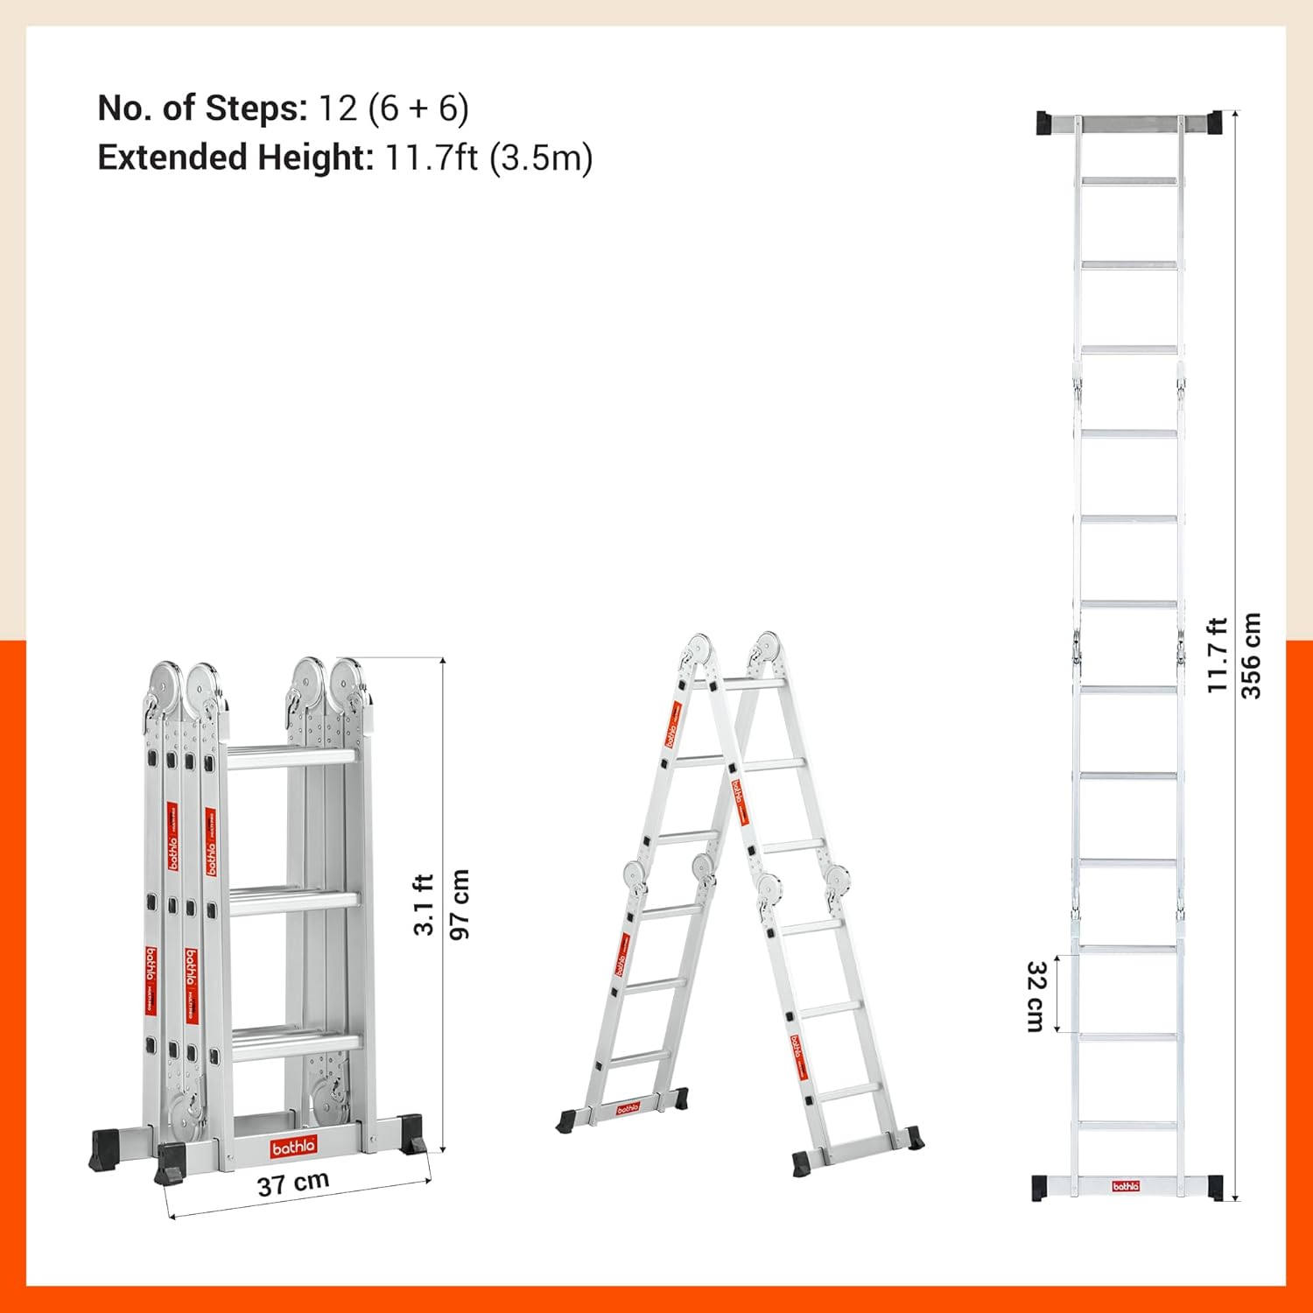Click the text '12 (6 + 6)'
(393, 109)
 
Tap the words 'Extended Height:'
(235, 158)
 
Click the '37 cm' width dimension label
(293, 1183)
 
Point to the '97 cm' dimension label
(460, 904)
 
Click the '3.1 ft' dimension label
(424, 904)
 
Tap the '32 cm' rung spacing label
(1036, 996)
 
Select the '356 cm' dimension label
(1252, 655)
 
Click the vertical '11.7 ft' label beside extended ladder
(1218, 655)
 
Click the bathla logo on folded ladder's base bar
(293, 1147)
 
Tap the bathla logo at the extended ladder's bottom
(1126, 1186)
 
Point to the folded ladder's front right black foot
(411, 1135)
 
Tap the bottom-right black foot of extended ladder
(1215, 1188)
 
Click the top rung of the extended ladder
(1129, 181)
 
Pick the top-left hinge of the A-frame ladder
(698, 650)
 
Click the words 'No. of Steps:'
(202, 109)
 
